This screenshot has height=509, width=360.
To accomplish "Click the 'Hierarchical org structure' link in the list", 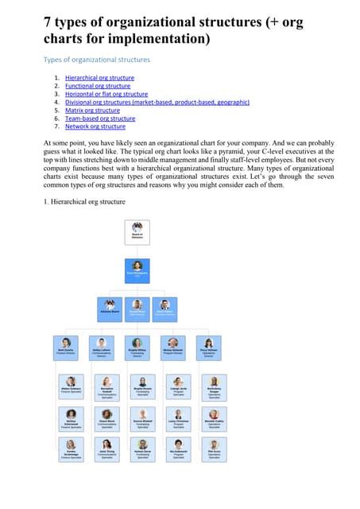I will (99, 78).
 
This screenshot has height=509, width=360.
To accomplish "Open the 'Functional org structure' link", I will (97, 86).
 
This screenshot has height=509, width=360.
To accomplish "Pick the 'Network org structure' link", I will (95, 126).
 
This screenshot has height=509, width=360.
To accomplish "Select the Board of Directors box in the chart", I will (137, 231).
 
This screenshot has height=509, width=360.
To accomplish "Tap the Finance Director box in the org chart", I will (71, 347).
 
